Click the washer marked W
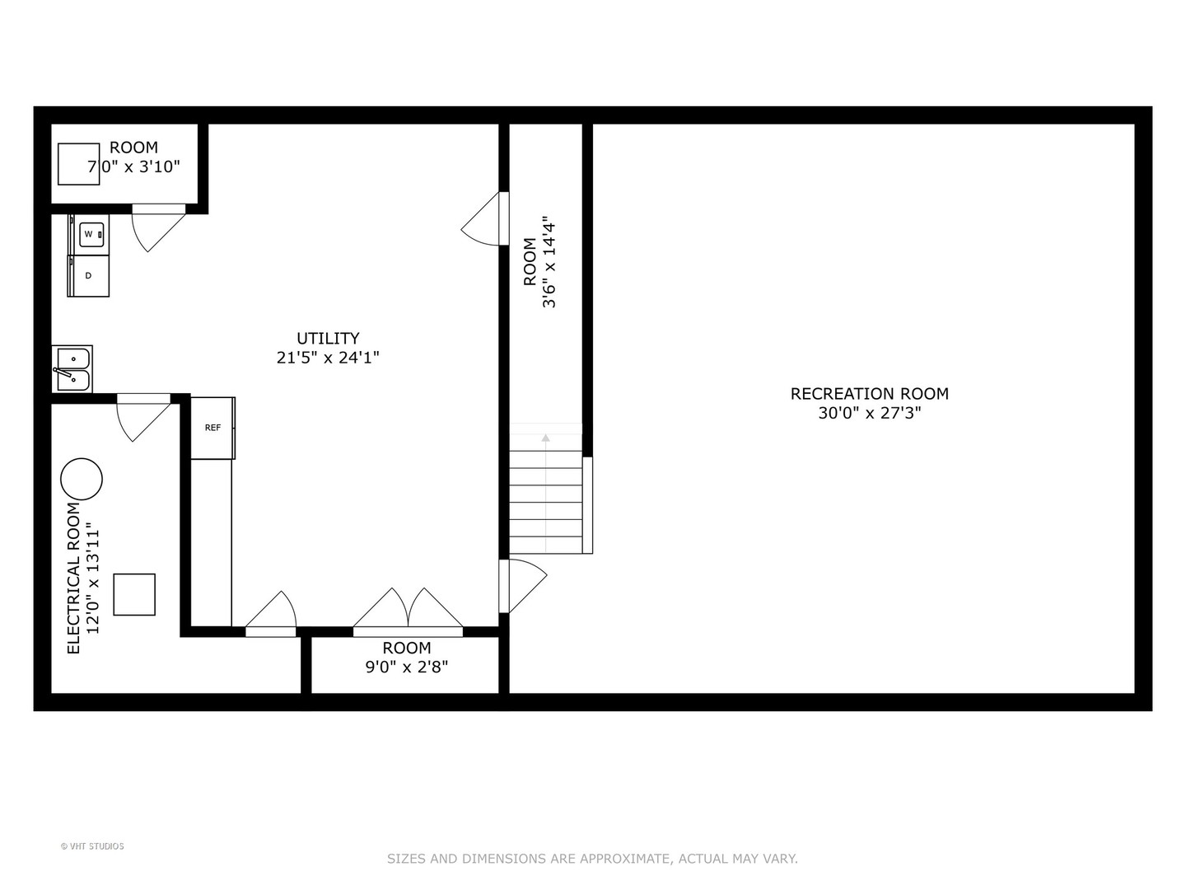(89, 235)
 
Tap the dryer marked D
(88, 276)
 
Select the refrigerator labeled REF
(212, 428)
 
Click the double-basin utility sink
(72, 369)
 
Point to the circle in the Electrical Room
(82, 479)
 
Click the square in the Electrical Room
(134, 594)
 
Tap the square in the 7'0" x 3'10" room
(78, 164)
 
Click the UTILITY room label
(328, 338)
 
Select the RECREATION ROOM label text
(869, 394)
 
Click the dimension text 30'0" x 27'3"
(869, 413)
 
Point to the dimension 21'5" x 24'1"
(328, 358)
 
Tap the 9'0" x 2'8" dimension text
(407, 667)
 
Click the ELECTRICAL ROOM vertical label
(74, 578)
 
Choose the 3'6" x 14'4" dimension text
(549, 264)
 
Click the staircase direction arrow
(545, 438)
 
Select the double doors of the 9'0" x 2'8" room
(408, 611)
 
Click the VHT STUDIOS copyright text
(92, 846)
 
